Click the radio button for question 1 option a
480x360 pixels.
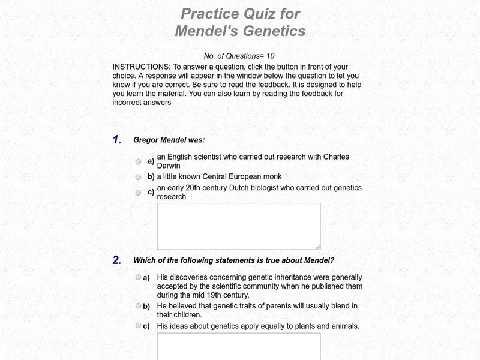138,162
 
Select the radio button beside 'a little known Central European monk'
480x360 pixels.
138,178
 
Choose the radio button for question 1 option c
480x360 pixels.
138,193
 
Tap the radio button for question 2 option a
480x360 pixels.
138,277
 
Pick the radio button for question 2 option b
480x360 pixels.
138,305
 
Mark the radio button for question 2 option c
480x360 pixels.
138,325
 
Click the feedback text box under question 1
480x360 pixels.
238,226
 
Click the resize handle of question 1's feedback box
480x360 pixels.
317,246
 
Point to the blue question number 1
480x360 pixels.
117,140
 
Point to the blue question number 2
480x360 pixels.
117,260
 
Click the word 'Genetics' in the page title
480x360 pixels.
274,31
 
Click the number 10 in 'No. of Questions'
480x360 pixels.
270,56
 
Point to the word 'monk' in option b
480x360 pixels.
272,177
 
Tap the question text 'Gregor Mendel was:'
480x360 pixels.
169,140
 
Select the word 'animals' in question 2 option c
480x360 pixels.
343,326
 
